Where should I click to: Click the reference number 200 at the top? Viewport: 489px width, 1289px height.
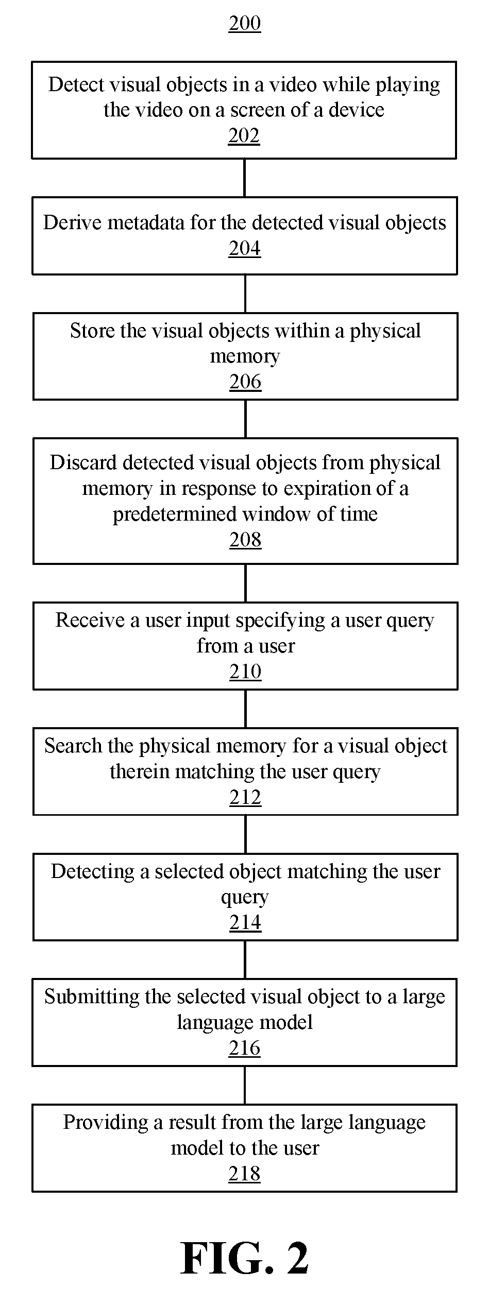click(x=245, y=24)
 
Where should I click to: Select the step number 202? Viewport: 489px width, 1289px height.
click(x=244, y=135)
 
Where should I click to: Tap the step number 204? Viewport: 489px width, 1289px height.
click(x=245, y=249)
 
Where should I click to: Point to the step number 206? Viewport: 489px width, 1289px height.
click(x=245, y=382)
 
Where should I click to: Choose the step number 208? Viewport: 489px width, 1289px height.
click(x=245, y=540)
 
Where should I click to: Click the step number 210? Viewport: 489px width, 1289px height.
click(x=245, y=672)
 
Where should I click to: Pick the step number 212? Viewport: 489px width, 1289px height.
click(x=245, y=797)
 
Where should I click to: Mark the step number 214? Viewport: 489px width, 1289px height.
click(x=245, y=922)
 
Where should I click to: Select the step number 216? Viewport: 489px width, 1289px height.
click(x=245, y=1048)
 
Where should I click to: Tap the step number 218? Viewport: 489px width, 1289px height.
click(x=244, y=1174)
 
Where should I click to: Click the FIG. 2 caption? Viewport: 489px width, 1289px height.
click(x=245, y=1258)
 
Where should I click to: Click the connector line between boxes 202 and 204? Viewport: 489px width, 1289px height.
click(x=244, y=178)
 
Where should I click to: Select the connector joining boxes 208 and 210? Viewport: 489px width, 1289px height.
click(x=245, y=583)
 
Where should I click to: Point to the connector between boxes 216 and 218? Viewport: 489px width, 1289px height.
click(x=245, y=1086)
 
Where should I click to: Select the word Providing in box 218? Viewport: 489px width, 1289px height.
click(x=106, y=1123)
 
